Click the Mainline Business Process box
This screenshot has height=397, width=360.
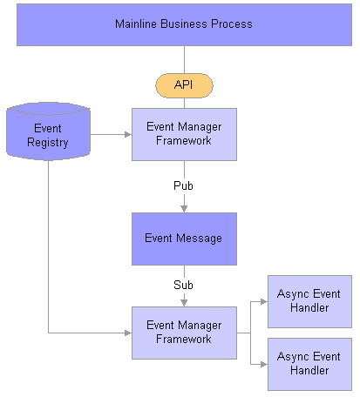tap(184, 24)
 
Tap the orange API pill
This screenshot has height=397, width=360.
tap(184, 85)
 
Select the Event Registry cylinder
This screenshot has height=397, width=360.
tap(48, 131)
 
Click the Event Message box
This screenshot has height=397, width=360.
tap(184, 239)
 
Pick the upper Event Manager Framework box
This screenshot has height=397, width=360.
tap(184, 134)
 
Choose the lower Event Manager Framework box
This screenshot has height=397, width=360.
tap(184, 333)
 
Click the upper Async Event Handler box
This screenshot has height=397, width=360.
tap(309, 301)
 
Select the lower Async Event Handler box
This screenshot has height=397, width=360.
tap(309, 364)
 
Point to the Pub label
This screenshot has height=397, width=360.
tap(183, 185)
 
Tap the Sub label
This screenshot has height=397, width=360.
tap(183, 285)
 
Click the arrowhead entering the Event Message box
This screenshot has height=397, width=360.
tap(184, 209)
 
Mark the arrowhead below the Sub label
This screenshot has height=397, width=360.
tap(184, 303)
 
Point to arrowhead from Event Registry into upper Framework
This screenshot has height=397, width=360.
tap(128, 134)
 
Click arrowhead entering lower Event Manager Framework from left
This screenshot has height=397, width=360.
tap(128, 333)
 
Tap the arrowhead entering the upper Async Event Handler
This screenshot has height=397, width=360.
tap(264, 301)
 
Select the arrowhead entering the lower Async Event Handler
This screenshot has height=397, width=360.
tap(264, 364)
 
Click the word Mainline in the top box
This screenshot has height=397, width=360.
tap(136, 24)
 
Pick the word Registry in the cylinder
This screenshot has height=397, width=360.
tap(48, 143)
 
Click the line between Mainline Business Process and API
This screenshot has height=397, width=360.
tap(184, 60)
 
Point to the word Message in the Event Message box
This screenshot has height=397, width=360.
tap(199, 239)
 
